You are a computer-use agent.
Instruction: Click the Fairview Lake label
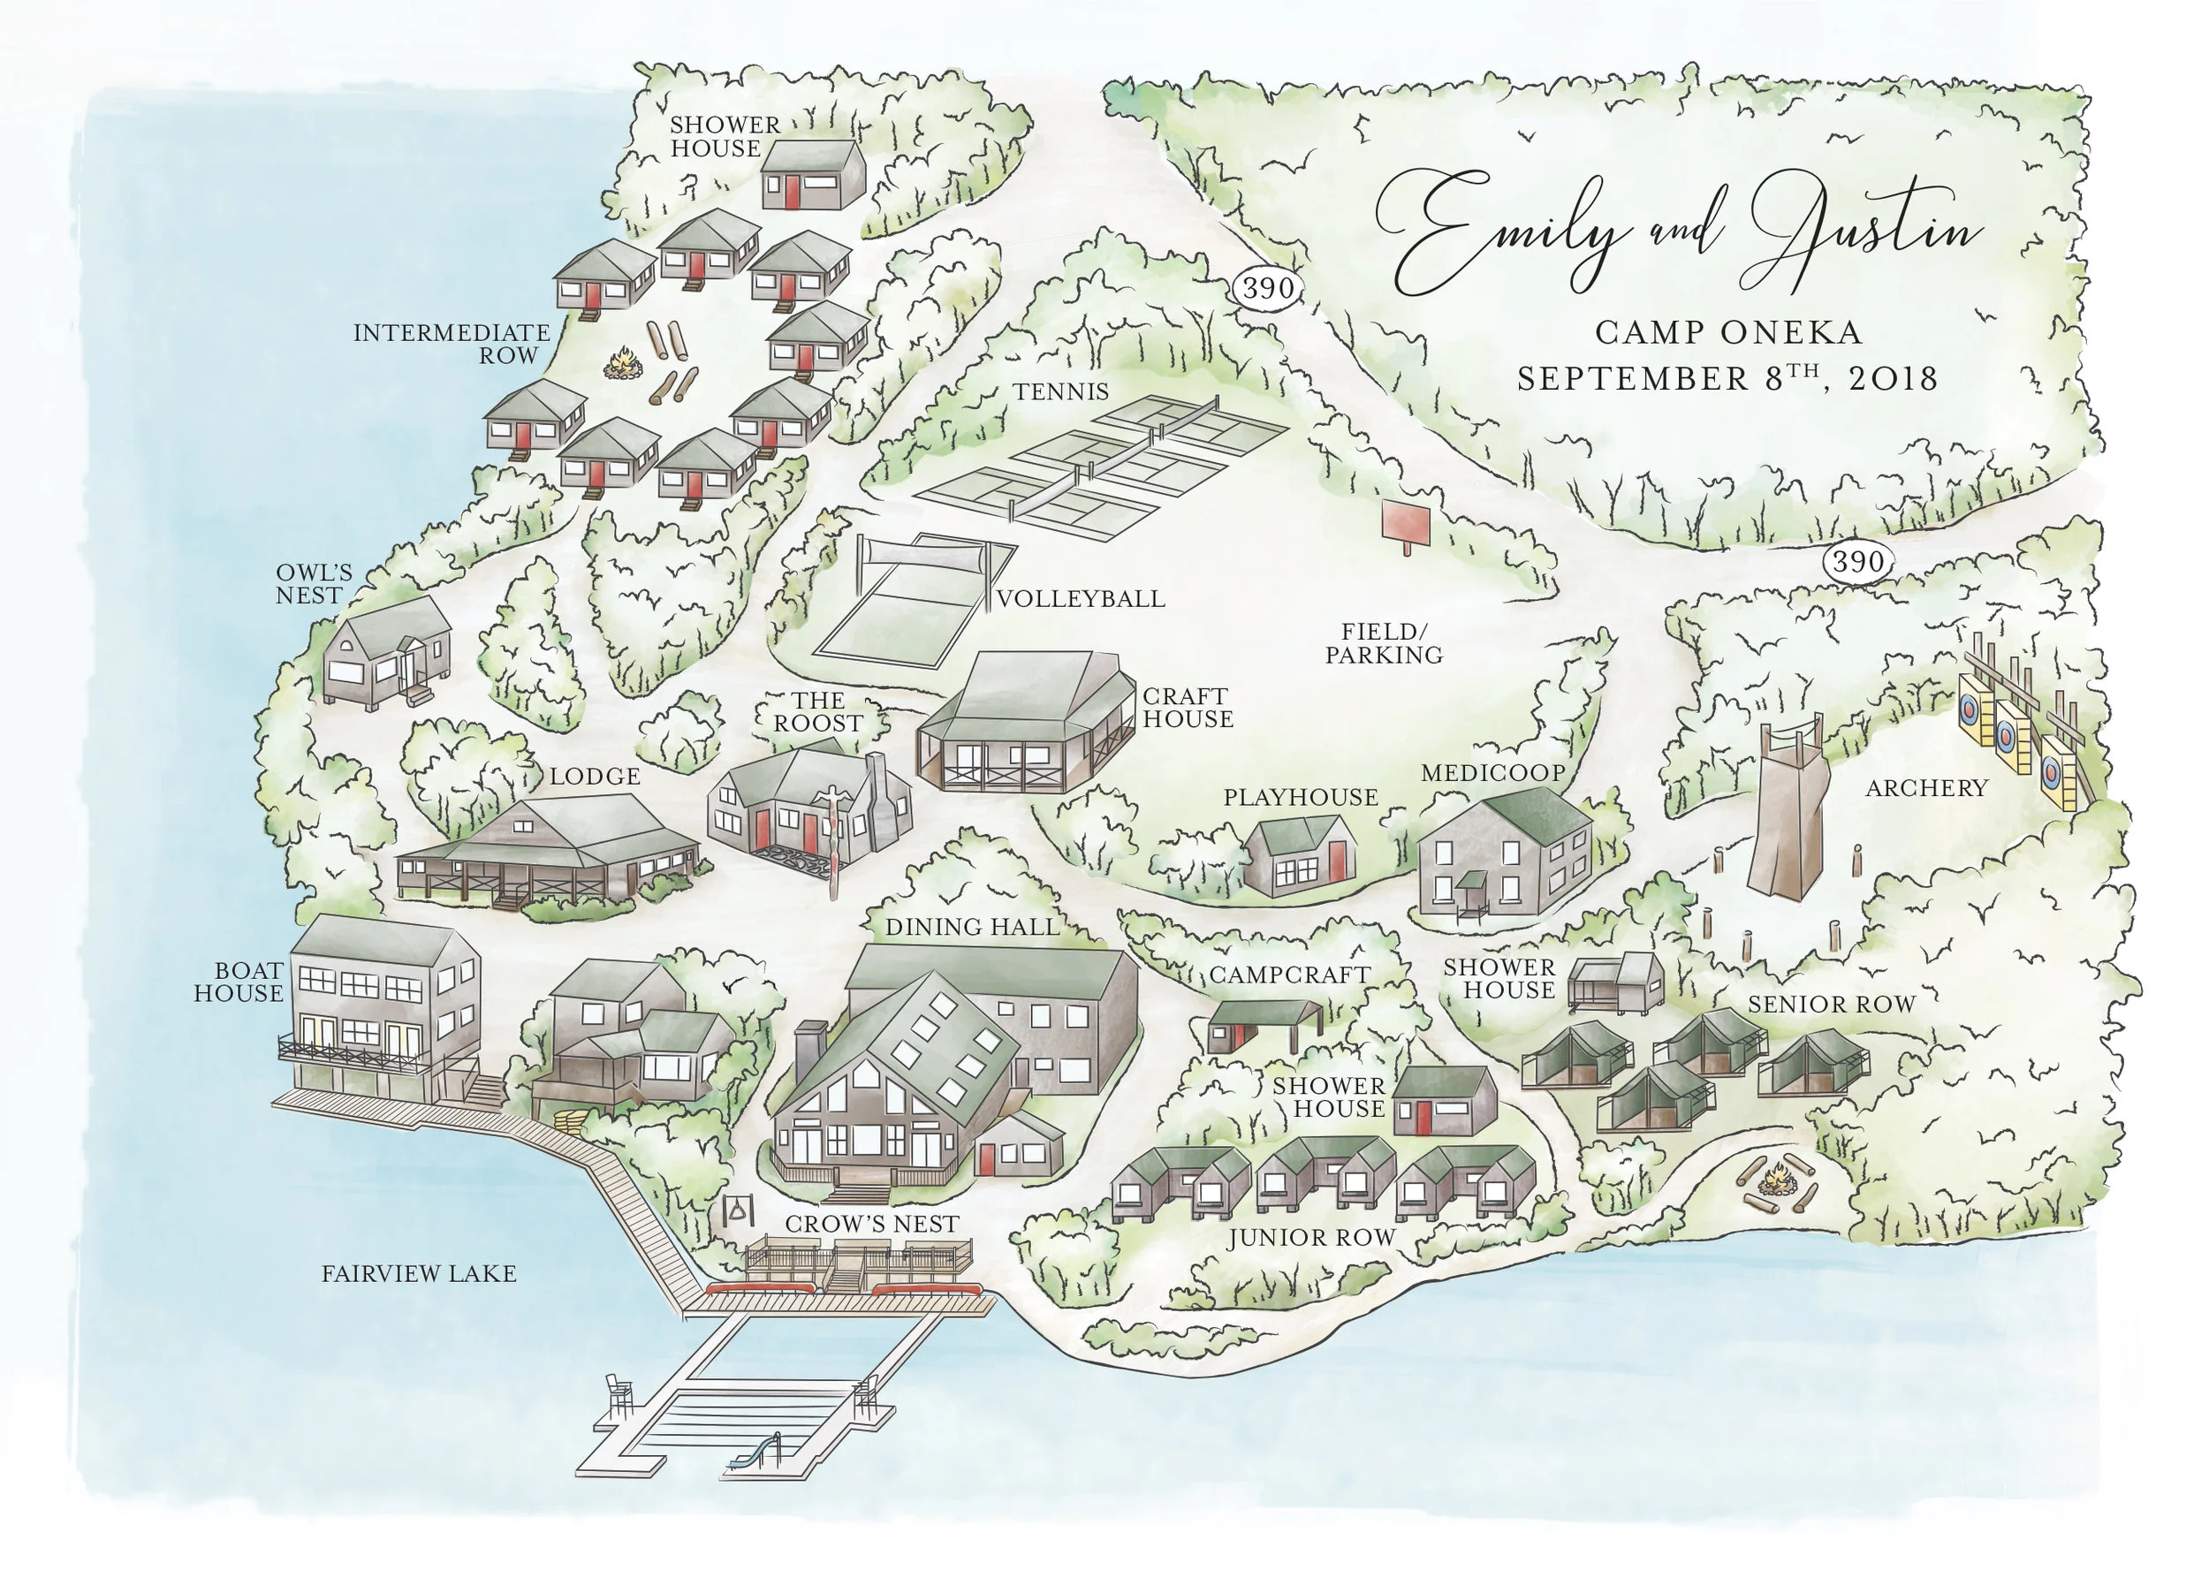coord(419,1273)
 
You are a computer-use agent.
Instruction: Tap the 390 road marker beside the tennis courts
coord(1267,288)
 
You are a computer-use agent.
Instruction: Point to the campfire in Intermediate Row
coord(625,367)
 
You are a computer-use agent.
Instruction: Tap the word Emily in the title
coord(1497,233)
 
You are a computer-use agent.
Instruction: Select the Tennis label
coord(1060,391)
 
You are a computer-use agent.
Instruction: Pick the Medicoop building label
coord(1492,772)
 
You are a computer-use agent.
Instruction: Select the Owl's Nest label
coord(313,584)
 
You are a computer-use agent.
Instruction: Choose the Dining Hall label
coord(972,927)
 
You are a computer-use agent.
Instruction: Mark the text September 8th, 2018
coord(1727,378)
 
